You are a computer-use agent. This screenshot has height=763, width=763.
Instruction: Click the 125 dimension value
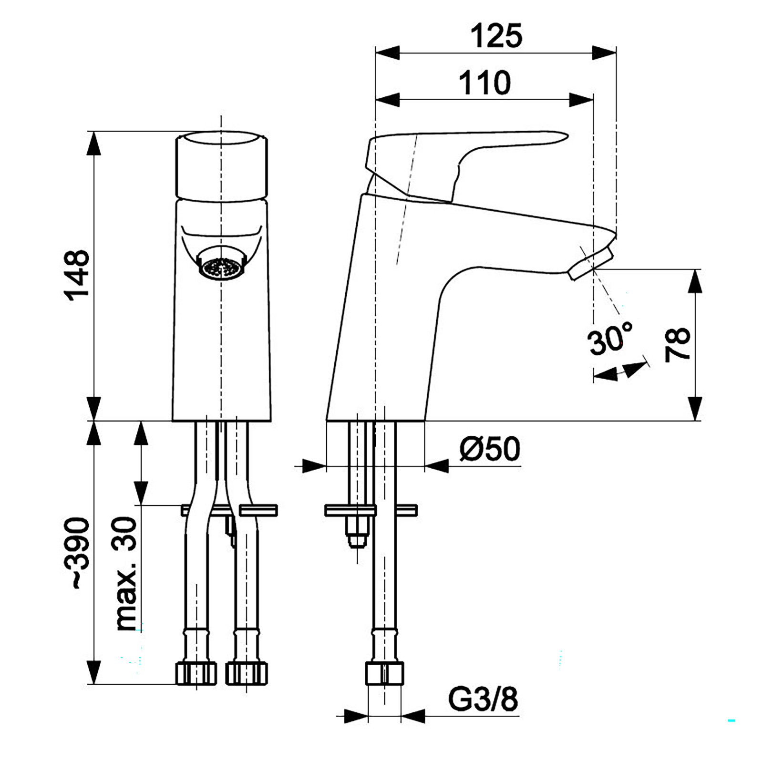click(496, 36)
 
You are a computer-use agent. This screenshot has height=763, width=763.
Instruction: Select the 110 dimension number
click(485, 83)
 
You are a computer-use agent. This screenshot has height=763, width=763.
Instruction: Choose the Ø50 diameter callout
click(490, 449)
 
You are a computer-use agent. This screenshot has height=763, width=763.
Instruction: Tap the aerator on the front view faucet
click(221, 268)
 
